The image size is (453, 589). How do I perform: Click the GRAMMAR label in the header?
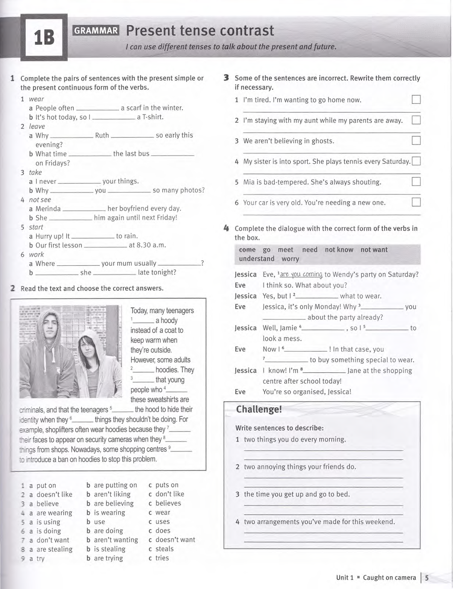point(96,30)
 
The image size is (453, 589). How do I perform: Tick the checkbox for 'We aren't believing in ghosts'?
point(416,141)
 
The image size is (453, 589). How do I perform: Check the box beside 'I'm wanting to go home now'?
point(416,100)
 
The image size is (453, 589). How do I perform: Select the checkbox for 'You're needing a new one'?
point(416,202)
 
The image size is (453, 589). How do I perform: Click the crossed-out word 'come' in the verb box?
point(247,250)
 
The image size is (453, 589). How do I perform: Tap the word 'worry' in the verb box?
point(291,259)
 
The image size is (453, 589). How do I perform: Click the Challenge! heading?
point(259,409)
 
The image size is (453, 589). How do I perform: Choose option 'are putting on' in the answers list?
point(115,485)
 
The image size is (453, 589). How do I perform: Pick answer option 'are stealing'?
point(54,549)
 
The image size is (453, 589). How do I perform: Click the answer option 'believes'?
point(168,504)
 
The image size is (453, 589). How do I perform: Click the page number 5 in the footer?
point(427,578)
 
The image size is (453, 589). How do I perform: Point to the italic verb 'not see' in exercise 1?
point(40,200)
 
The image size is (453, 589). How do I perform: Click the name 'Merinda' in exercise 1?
point(48,209)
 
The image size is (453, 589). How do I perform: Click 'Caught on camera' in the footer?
point(389,578)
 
